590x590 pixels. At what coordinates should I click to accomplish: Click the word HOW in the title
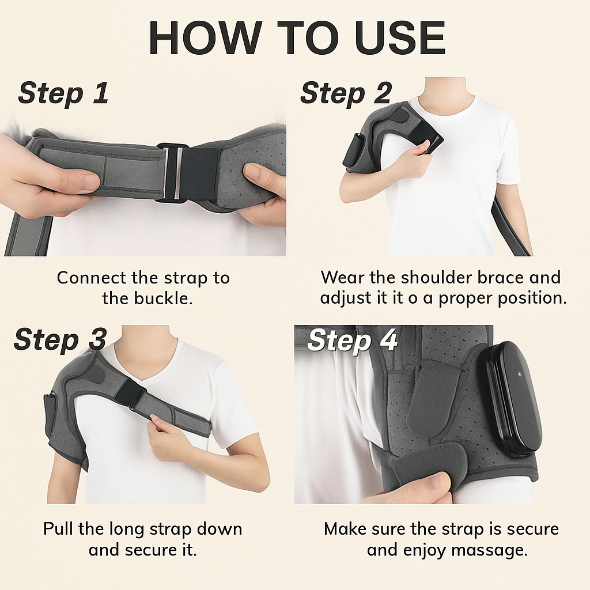tap(206, 38)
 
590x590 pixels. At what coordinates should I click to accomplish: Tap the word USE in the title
tap(400, 38)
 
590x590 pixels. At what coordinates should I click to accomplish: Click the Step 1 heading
tap(63, 93)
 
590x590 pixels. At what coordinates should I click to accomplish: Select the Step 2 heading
tap(346, 93)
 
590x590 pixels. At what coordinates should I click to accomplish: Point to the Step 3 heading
tap(60, 340)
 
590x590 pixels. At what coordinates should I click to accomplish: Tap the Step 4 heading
tap(353, 341)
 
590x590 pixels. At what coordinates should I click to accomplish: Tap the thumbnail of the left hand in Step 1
tap(88, 181)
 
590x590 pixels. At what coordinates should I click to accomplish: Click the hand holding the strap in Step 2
tap(412, 160)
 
